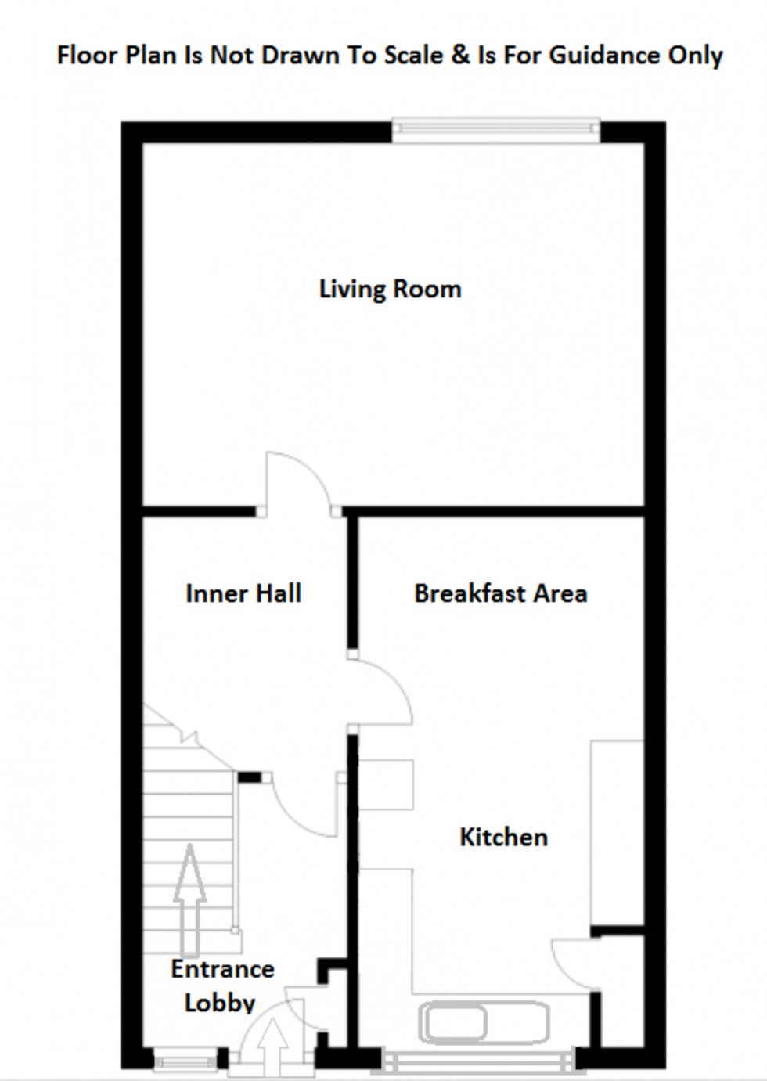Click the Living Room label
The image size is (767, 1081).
(390, 289)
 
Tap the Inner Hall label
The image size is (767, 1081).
(243, 593)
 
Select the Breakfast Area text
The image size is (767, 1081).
(500, 593)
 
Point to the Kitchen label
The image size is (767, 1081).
(503, 837)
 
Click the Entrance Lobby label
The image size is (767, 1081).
(221, 986)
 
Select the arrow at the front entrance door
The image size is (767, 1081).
(273, 1047)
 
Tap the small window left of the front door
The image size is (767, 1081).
(184, 1063)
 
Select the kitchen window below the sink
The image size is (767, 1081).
(477, 1061)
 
